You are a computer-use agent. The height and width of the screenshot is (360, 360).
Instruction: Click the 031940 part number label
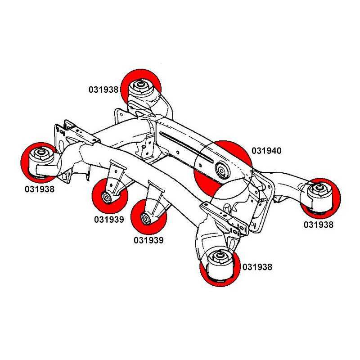pyautogui.click(x=266, y=151)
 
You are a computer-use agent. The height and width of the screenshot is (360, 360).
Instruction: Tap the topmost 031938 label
pyautogui.click(x=103, y=90)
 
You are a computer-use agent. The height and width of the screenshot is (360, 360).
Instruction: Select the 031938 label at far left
pyautogui.click(x=39, y=189)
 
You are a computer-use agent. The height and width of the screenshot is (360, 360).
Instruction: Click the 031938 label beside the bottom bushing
pyautogui.click(x=257, y=267)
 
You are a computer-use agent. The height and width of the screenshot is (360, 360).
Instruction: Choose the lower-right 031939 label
pyautogui.click(x=148, y=240)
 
